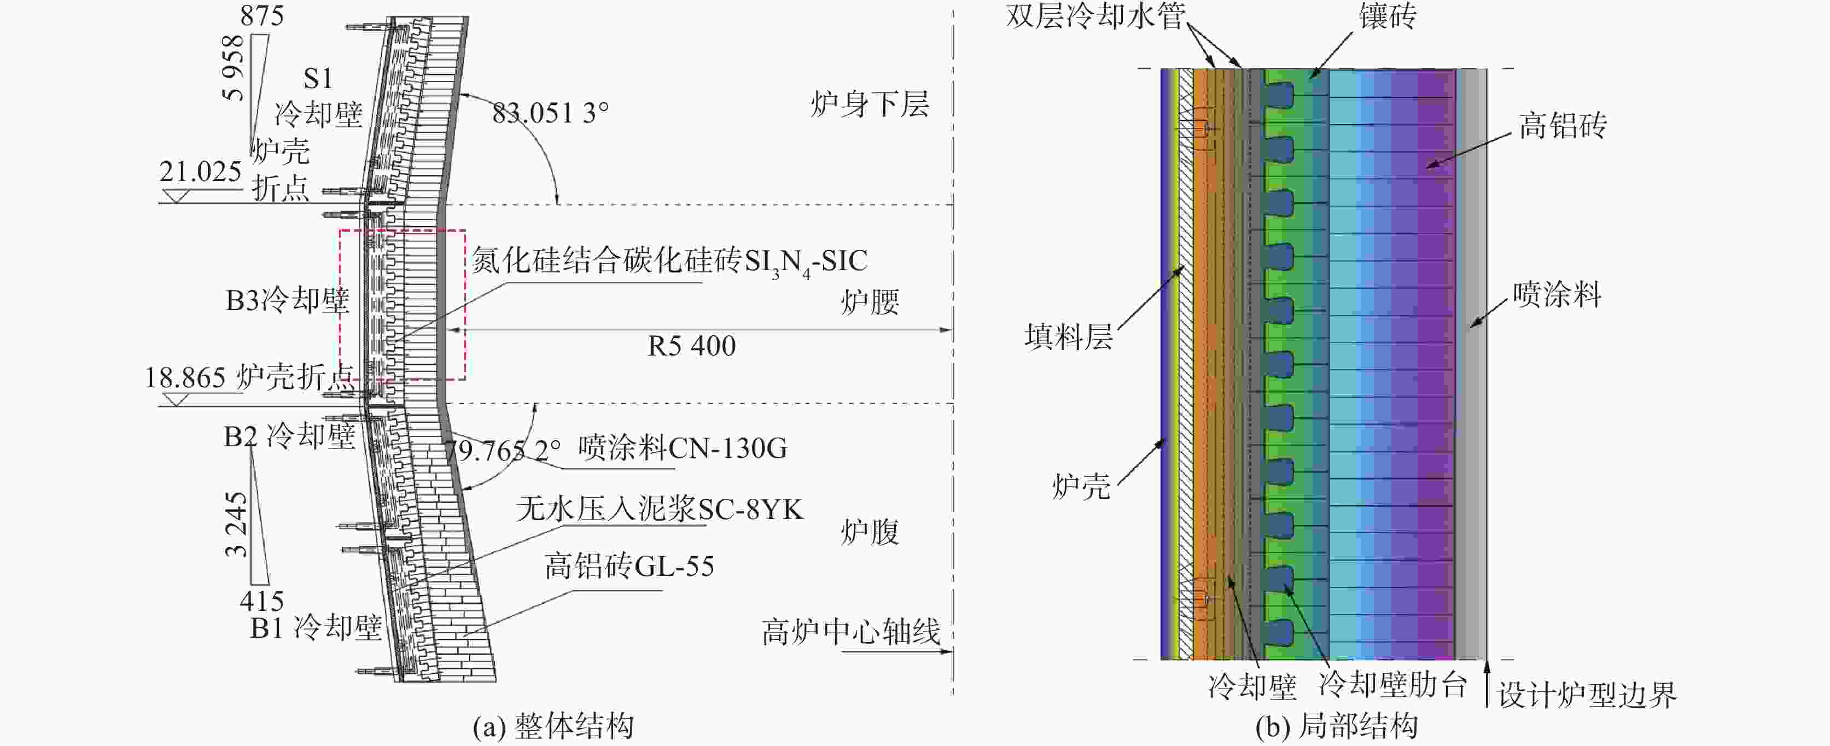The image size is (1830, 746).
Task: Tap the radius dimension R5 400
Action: coord(691,346)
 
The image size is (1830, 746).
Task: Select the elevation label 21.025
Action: coord(200,171)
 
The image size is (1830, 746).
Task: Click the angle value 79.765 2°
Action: coord(502,450)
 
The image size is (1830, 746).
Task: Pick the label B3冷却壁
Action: coord(287,300)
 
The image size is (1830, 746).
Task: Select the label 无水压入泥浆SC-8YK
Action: coord(659,509)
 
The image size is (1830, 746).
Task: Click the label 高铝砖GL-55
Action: coord(629,566)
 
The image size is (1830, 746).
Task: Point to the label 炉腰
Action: coord(870,302)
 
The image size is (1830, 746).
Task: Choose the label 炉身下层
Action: coord(870,104)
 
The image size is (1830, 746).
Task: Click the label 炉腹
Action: coord(870,532)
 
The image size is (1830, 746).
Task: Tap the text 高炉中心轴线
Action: coord(850,631)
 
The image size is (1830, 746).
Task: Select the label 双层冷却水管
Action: coord(1095,16)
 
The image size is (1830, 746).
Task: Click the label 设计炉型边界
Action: coord(1586,695)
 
